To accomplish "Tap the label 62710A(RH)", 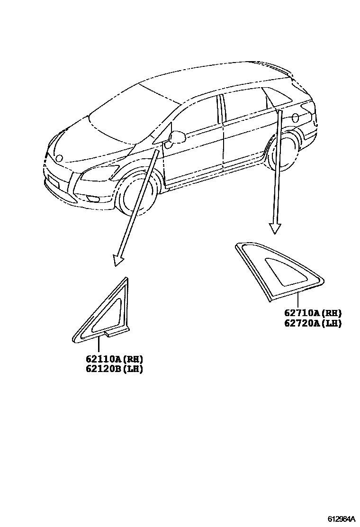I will pyautogui.click(x=313, y=313).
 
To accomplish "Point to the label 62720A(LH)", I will pyautogui.click(x=313, y=323).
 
